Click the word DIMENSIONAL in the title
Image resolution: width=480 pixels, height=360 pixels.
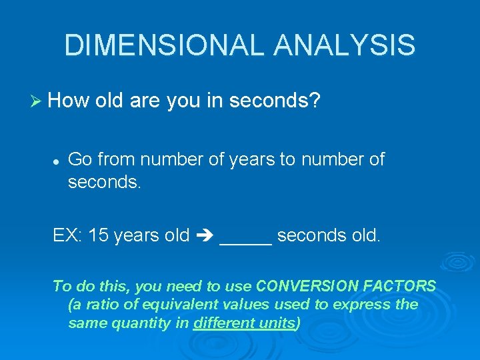pos(157,45)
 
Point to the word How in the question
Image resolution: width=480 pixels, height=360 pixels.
pos(69,101)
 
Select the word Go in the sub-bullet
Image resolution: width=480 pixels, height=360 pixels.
pos(79,159)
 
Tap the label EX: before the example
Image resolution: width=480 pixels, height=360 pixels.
pos(68,235)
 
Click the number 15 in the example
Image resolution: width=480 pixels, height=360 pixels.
pos(99,235)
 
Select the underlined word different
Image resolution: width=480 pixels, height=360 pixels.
pos(223,323)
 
